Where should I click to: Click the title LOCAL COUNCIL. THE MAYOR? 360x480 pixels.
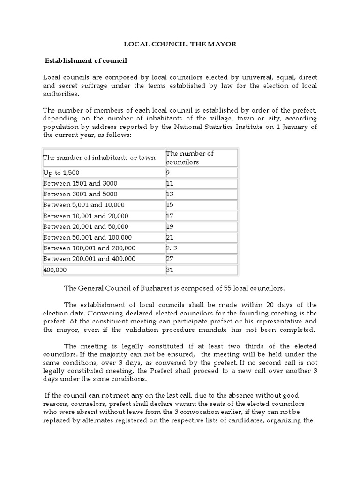[180, 45]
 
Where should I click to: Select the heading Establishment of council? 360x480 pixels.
[86, 61]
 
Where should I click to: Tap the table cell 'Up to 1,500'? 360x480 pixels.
[61, 172]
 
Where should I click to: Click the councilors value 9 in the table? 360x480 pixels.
[168, 172]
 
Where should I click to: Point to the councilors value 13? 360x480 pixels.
[170, 194]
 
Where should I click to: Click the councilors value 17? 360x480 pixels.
[170, 216]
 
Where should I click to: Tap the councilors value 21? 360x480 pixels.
[170, 237]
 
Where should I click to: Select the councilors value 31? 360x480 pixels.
[170, 270]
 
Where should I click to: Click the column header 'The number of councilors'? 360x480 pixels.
[190, 157]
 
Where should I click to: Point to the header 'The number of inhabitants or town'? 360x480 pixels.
[99, 157]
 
